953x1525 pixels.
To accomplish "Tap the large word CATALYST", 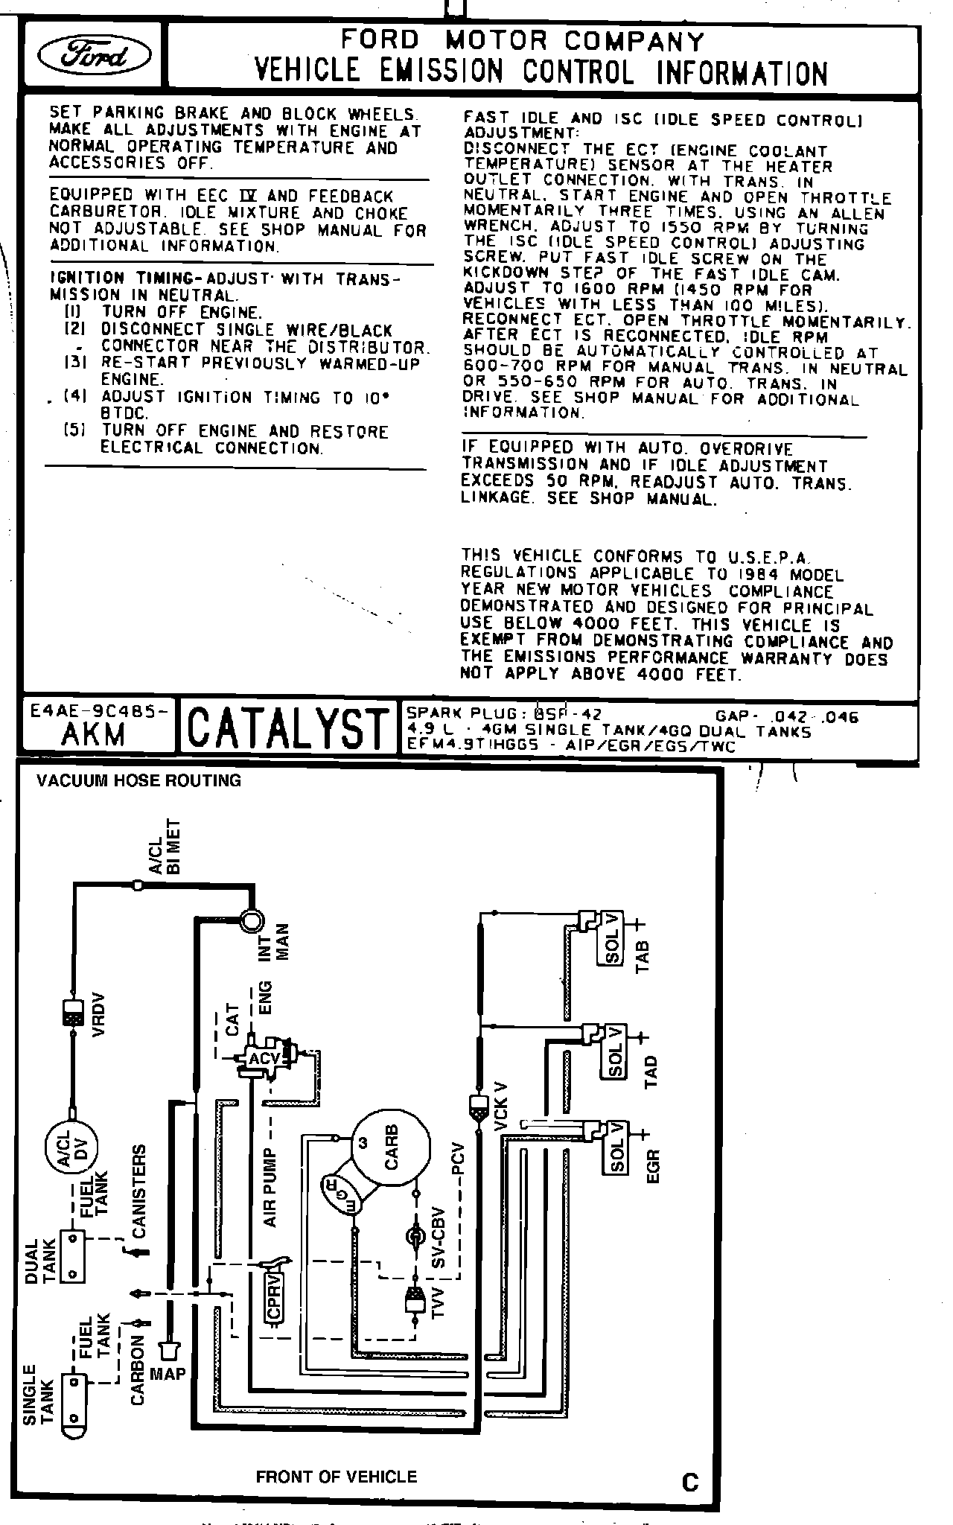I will [288, 728].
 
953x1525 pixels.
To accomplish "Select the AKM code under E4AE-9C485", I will [93, 735].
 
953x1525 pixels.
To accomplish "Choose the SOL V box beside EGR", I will [616, 1147].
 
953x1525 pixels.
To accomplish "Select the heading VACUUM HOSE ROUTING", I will [139, 780].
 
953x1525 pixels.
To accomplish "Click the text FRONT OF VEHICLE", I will [336, 1477].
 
